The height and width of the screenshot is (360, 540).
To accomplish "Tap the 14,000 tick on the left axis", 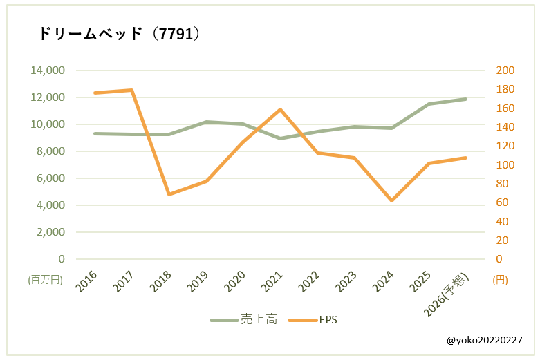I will pyautogui.click(x=46, y=70).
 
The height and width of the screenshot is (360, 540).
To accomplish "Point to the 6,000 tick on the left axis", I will pyautogui.click(x=49, y=178).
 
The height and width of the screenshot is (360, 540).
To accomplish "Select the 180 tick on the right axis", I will pyautogui.click(x=506, y=89).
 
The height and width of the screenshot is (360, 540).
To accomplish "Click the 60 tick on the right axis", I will pyautogui.click(x=503, y=202).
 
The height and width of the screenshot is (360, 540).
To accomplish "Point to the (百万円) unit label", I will pyautogui.click(x=45, y=280).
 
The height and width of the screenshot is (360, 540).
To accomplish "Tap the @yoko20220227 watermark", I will pyautogui.click(x=484, y=341).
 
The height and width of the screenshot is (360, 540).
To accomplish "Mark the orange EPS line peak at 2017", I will pyautogui.click(x=131, y=90).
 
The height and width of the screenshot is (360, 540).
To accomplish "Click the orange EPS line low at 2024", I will pyautogui.click(x=392, y=200).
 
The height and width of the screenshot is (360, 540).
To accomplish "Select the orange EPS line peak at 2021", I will pyautogui.click(x=280, y=109).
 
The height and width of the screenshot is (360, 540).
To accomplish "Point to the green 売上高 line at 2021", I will pyautogui.click(x=280, y=138).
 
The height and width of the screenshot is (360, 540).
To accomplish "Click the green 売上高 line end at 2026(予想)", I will pyautogui.click(x=466, y=99).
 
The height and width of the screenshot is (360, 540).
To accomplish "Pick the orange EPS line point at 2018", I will pyautogui.click(x=169, y=194).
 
